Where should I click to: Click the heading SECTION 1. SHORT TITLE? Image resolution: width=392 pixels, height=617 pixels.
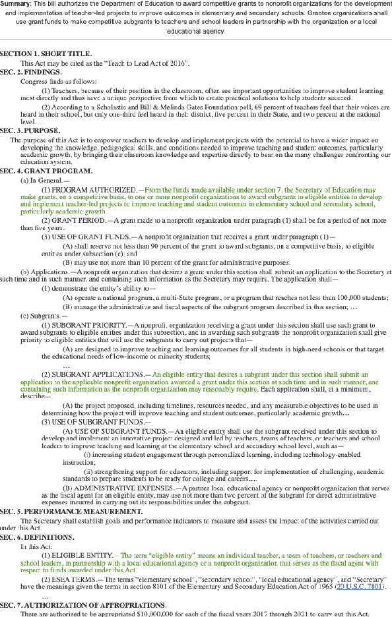(46, 53)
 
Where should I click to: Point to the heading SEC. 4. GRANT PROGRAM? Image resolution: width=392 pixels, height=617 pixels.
(42, 171)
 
